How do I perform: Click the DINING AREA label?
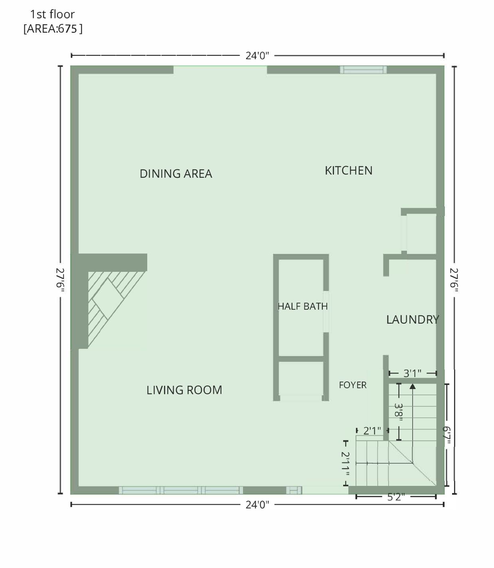(176, 174)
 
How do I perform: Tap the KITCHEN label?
(349, 171)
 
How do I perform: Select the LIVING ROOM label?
(184, 390)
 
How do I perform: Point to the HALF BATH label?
(302, 306)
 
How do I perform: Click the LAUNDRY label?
(413, 320)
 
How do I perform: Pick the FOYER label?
(353, 385)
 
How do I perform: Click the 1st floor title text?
(53, 14)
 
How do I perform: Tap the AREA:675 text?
(53, 29)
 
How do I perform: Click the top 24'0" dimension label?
(257, 56)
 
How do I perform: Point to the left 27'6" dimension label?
(60, 280)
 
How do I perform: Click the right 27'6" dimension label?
(454, 280)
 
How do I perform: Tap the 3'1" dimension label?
(412, 373)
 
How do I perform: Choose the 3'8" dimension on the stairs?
(399, 412)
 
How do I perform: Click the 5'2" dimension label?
(396, 497)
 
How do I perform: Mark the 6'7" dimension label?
(447, 435)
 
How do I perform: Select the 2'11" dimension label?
(345, 464)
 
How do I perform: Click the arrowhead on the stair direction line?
(413, 386)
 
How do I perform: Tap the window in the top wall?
(363, 70)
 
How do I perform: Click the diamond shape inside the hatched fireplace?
(108, 299)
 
